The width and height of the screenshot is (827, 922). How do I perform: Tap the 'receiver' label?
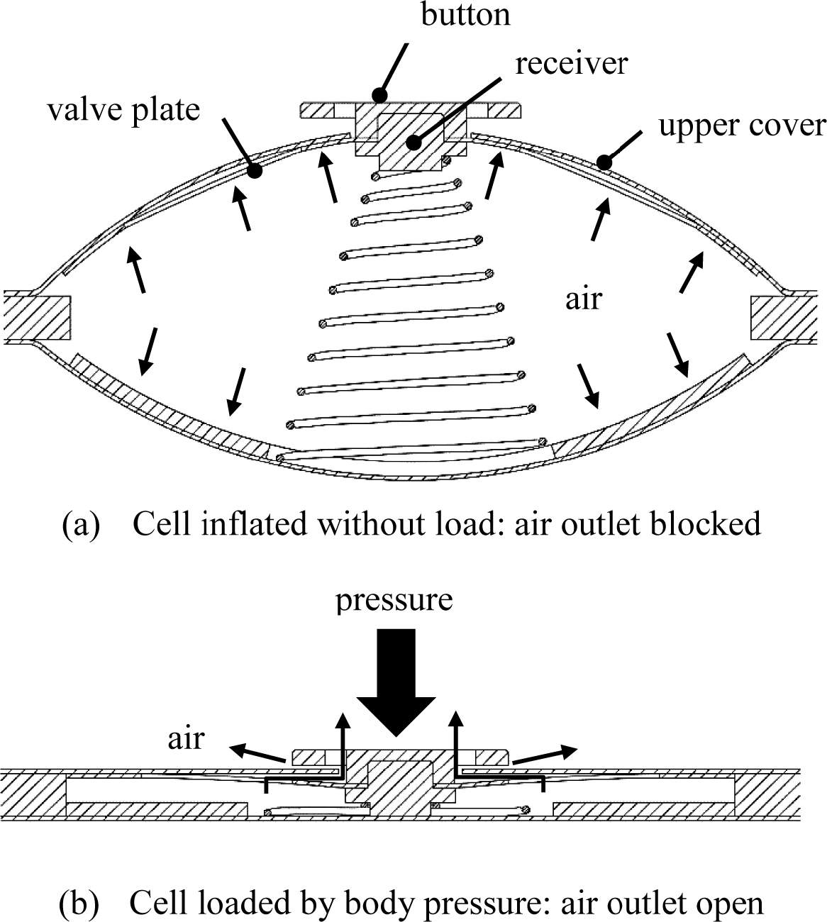571,63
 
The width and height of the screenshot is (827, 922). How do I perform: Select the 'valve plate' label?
123,110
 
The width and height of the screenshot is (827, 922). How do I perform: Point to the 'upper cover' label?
742,126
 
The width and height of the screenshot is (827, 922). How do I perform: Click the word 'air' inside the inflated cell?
583,299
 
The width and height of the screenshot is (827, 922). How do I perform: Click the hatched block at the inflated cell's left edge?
37,316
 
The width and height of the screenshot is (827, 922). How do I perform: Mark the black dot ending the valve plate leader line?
255,171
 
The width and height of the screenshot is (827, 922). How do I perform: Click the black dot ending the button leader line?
380,94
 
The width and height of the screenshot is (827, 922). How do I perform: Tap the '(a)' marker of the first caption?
80,524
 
